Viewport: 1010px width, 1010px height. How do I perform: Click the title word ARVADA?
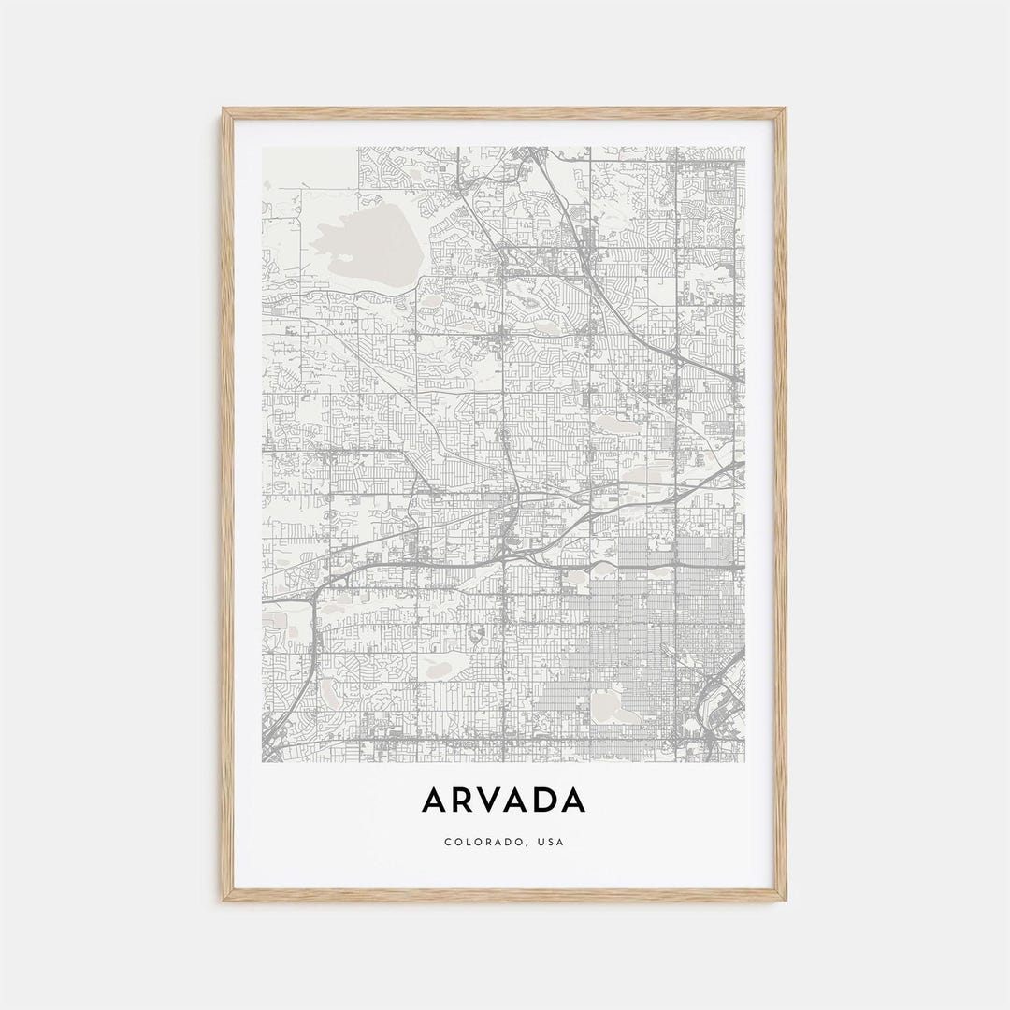[x=504, y=801]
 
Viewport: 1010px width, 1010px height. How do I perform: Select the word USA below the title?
[x=552, y=842]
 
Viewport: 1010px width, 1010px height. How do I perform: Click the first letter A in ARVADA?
[x=435, y=801]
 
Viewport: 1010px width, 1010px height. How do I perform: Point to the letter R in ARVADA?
[x=463, y=801]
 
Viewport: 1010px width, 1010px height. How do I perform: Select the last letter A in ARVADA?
[x=573, y=801]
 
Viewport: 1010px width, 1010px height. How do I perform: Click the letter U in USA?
[x=540, y=842]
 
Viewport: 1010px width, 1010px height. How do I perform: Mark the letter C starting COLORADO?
[x=448, y=842]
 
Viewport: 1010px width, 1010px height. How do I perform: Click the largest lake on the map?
[x=365, y=234]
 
